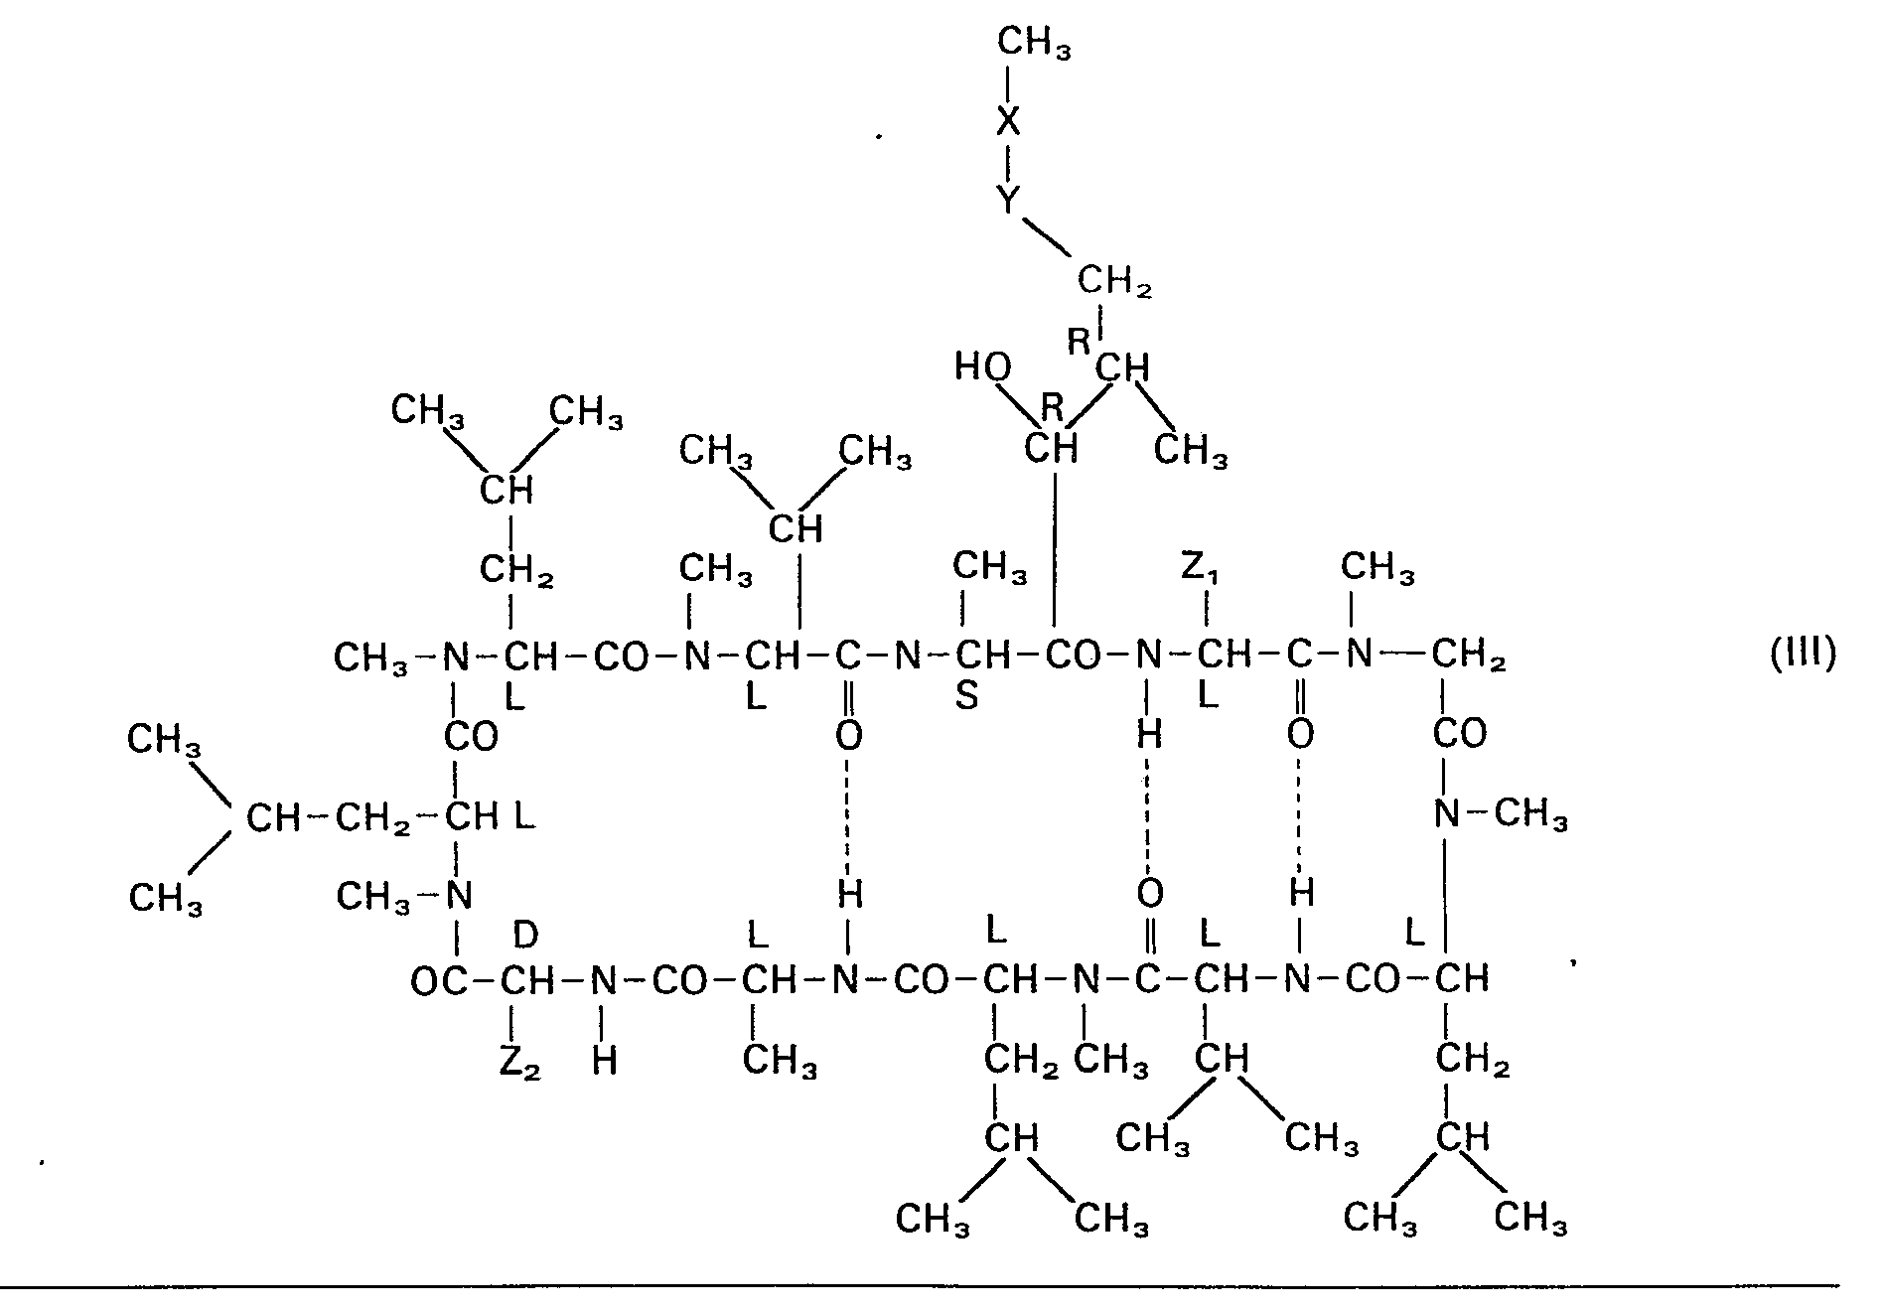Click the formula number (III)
[1804, 655]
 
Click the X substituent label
[1008, 121]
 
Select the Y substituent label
[1008, 202]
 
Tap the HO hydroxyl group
[983, 366]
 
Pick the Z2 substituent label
[518, 1063]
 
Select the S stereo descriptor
[966, 697]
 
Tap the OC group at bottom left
[440, 982]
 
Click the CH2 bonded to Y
[1115, 283]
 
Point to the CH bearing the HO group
[1051, 448]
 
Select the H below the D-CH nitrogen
[604, 1062]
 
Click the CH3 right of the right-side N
[1531, 815]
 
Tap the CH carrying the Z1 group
[1225, 655]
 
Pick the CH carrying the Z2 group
[526, 982]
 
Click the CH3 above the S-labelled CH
[990, 568]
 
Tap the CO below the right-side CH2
[1459, 734]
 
